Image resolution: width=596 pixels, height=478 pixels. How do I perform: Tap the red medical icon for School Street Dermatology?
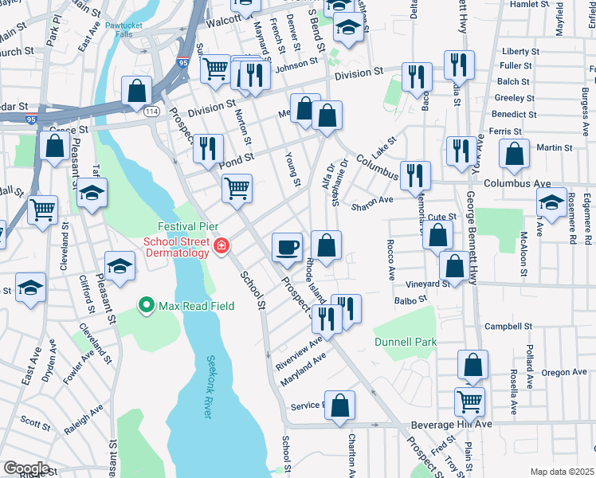click(x=220, y=248)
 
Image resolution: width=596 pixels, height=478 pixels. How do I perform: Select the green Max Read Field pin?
click(x=147, y=304)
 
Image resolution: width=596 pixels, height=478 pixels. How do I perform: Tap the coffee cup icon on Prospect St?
click(x=286, y=246)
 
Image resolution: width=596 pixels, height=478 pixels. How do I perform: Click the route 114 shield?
click(x=150, y=112)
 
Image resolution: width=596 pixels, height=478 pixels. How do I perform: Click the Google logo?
click(x=26, y=468)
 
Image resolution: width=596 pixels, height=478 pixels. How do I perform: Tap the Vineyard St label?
click(x=426, y=284)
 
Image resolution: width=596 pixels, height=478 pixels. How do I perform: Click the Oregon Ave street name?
click(x=564, y=372)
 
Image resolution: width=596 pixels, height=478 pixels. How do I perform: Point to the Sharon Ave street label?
click(x=372, y=200)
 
